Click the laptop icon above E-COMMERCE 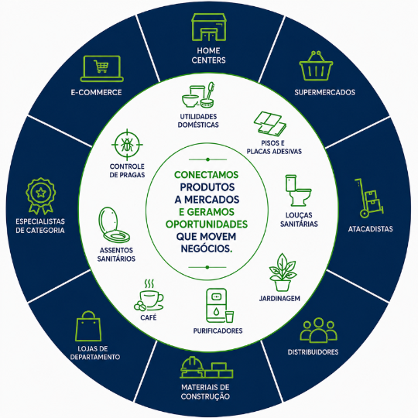point(102,69)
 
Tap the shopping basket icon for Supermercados point(316,66)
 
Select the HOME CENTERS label point(208,55)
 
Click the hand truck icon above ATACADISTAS point(369,198)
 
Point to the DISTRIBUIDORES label point(313,352)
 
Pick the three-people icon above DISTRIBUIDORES point(319,330)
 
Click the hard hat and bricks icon point(207,368)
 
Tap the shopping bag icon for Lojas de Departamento point(88,326)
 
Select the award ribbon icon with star point(41,196)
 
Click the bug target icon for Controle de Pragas point(127,145)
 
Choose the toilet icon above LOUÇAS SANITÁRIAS point(298,190)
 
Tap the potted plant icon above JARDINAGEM point(283,272)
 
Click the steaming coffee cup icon point(149,295)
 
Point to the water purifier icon point(219,306)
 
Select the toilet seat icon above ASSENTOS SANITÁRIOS point(114,224)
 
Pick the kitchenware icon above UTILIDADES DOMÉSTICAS point(198,95)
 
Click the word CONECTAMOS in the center point(207,175)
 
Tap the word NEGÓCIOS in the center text point(207,248)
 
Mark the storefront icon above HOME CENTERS point(209,27)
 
